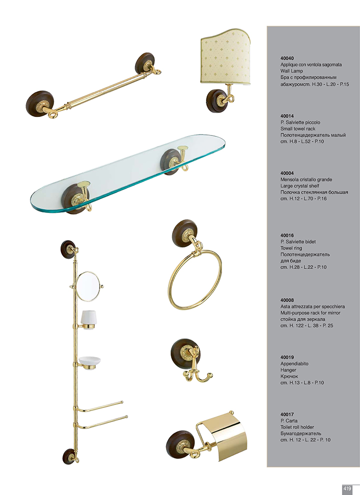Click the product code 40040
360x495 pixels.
(286, 58)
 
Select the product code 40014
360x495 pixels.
(286, 116)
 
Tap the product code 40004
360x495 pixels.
(286, 173)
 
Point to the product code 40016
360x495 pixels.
(286, 235)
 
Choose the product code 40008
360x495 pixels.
(286, 300)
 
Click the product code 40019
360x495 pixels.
(286, 357)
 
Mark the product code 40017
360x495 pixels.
(286, 414)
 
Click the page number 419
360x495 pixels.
(347, 488)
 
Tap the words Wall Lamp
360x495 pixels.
(291, 71)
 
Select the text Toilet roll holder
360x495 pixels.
(297, 427)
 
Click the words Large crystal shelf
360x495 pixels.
(299, 186)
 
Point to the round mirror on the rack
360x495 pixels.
(88, 286)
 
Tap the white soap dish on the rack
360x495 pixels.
(89, 361)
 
